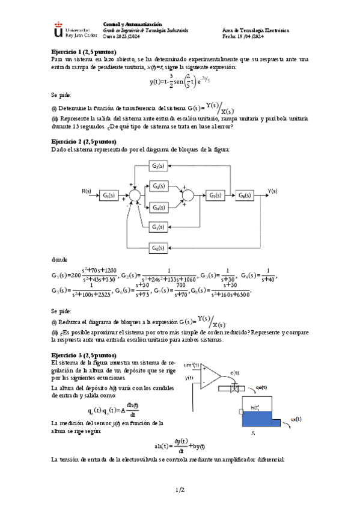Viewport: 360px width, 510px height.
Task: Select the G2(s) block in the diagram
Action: [158, 166]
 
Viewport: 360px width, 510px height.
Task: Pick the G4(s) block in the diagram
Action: [158, 207]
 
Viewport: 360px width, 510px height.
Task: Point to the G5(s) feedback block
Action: [158, 227]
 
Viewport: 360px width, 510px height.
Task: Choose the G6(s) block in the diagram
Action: [158, 248]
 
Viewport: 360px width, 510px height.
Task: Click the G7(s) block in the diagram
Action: [215, 195]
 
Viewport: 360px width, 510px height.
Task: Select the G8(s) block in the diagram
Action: [244, 195]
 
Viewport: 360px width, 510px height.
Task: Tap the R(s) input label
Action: [86, 191]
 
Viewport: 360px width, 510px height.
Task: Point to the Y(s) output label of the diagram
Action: [273, 191]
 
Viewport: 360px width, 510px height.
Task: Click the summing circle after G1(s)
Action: [135, 195]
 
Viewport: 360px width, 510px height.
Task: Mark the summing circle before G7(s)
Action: [188, 195]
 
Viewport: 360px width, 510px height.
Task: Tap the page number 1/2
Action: [180, 490]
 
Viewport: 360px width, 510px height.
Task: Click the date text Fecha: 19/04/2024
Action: [247, 35]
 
